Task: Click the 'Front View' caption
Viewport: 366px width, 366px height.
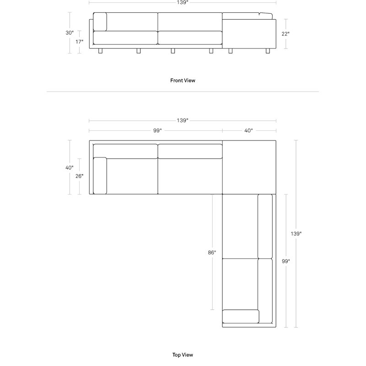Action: click(183, 81)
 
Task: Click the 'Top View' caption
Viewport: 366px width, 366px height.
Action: click(183, 355)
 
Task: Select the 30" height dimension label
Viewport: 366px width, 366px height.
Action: click(70, 33)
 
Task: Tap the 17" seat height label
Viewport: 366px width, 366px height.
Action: click(79, 42)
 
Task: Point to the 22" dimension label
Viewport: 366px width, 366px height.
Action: click(285, 34)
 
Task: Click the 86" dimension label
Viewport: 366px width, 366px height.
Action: click(212, 253)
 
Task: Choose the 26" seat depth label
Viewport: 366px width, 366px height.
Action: click(79, 176)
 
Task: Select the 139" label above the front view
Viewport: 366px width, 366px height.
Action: click(183, 3)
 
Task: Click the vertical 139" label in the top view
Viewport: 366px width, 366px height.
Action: click(296, 234)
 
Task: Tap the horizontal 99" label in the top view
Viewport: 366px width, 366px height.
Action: click(157, 131)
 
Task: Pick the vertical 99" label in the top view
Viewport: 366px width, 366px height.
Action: click(285, 261)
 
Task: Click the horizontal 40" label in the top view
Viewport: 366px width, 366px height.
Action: click(248, 131)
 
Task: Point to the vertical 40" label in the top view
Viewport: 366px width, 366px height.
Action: click(70, 168)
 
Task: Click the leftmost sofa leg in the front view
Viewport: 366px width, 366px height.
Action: click(100, 51)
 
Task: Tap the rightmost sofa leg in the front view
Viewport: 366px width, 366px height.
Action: click(268, 51)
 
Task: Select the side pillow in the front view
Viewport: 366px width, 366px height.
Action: click(100, 22)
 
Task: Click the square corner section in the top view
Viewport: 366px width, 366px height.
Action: click(249, 167)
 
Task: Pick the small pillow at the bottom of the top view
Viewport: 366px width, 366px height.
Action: click(241, 317)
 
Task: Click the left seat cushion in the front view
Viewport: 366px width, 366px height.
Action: click(125, 38)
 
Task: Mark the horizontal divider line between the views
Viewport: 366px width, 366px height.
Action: click(183, 92)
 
